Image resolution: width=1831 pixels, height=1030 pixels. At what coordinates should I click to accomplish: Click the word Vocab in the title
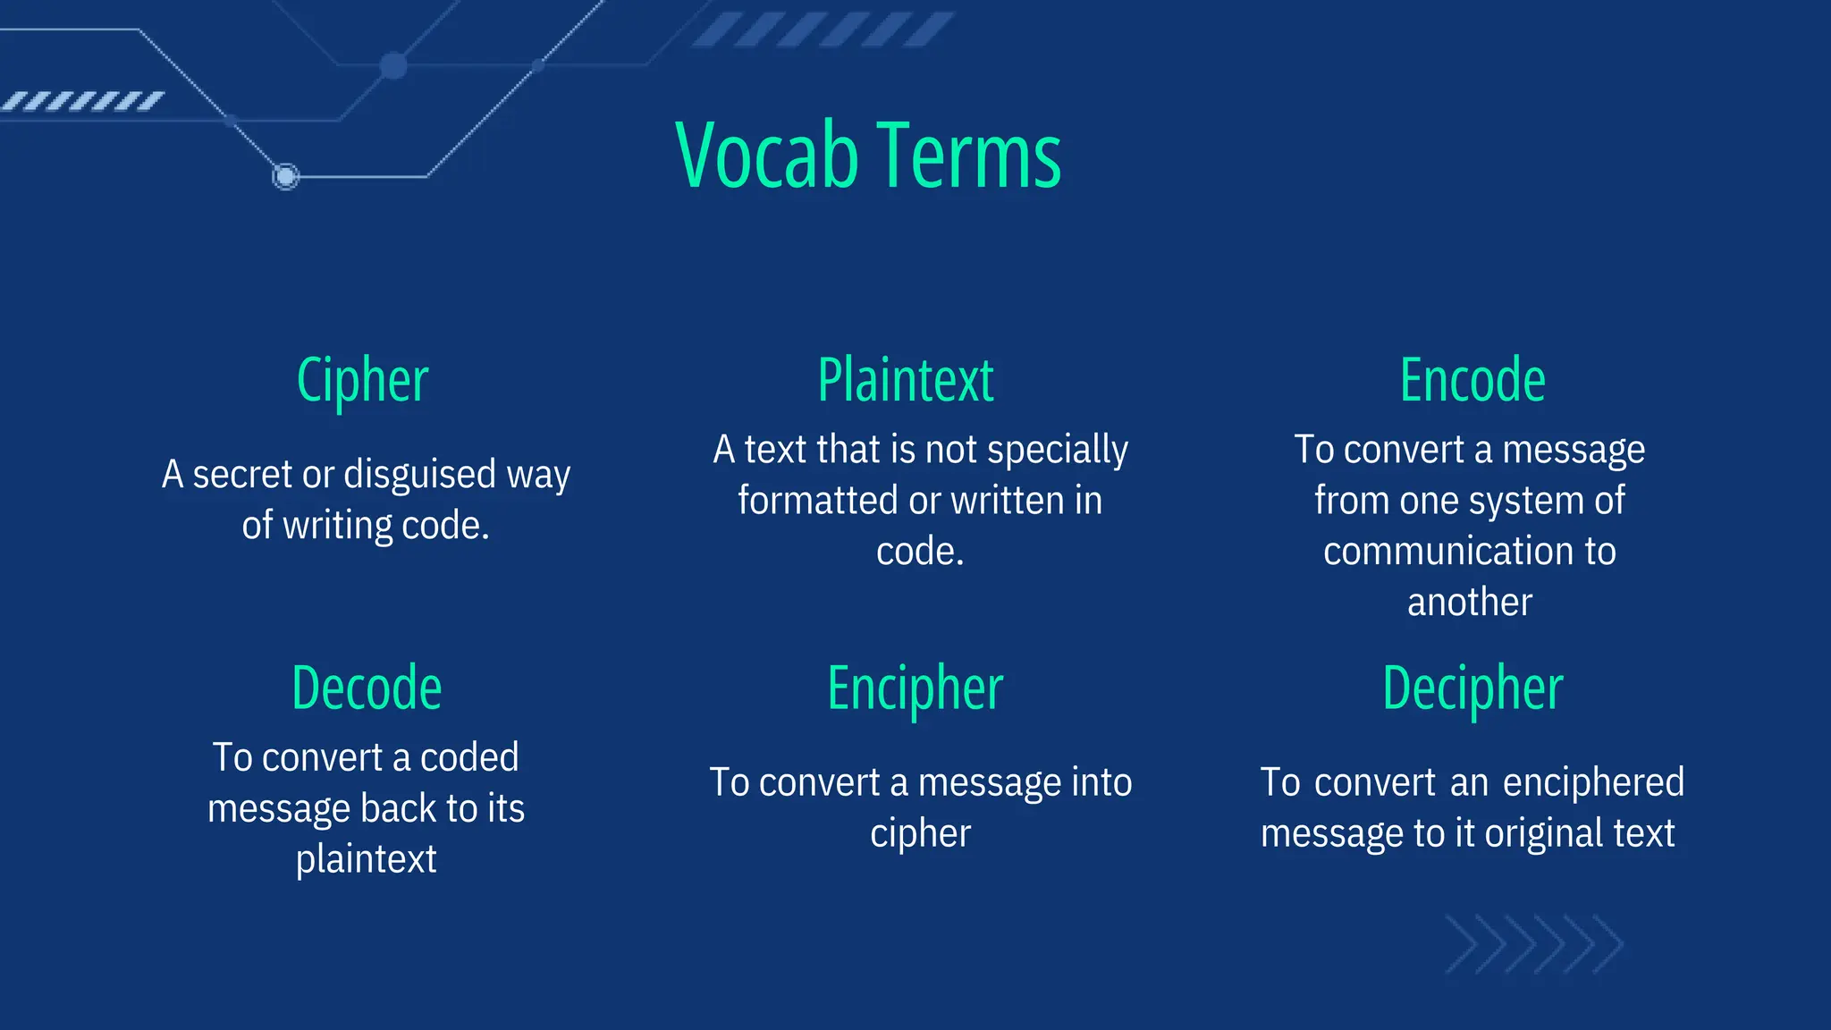point(767,156)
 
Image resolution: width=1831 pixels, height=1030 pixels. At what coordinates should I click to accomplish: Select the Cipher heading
point(362,381)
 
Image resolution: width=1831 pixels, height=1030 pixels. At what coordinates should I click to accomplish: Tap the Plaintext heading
point(905,381)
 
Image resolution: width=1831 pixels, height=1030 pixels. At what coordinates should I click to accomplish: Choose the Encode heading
point(1472,381)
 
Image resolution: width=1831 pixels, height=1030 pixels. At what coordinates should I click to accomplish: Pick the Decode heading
point(367,688)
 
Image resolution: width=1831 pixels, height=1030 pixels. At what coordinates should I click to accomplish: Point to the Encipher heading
point(915,688)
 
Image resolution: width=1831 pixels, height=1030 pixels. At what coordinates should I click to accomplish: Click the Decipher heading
point(1472,688)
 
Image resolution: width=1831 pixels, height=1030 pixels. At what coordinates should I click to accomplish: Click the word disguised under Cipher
point(419,475)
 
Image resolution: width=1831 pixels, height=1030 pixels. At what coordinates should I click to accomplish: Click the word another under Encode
point(1469,603)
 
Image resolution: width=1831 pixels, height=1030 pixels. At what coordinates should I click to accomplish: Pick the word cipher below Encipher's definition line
point(920,834)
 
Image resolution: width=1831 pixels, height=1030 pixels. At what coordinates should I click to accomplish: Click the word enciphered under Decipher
point(1593,783)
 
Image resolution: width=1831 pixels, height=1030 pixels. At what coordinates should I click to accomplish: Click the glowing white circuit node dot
point(285,176)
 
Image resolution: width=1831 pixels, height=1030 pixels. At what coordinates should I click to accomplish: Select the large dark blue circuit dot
point(393,65)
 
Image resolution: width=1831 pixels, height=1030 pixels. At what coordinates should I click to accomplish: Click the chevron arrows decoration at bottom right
point(1533,944)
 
